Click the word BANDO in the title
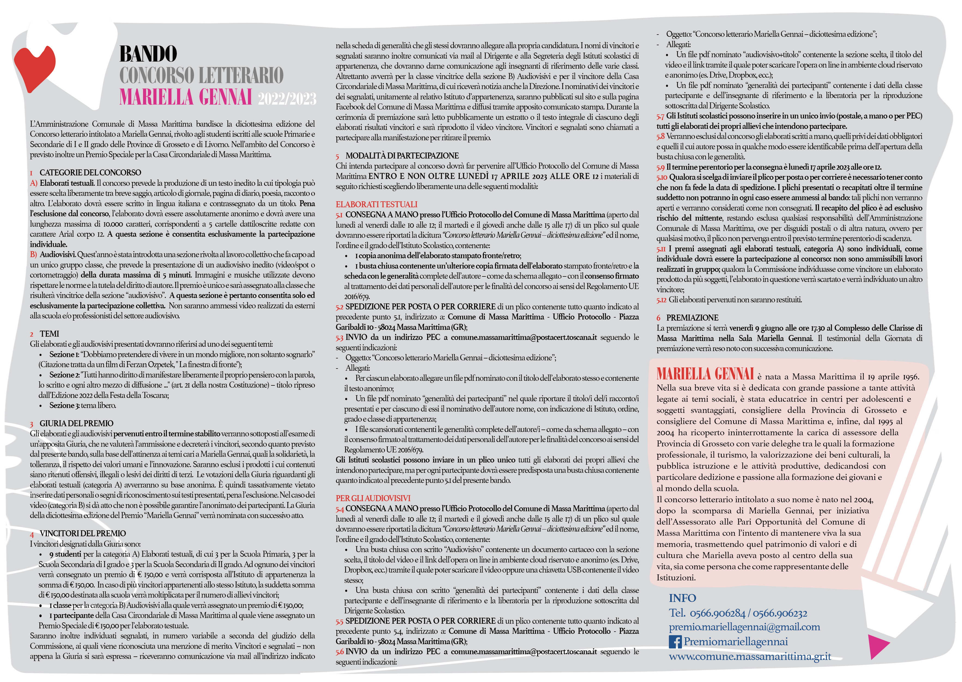tap(148, 54)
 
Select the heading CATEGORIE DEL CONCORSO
tap(90, 173)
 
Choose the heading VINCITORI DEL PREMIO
tap(82, 533)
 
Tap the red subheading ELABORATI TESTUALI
tap(377, 205)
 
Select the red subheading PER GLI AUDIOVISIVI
tap(373, 498)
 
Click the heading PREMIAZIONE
tap(692, 318)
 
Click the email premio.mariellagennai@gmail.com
tap(744, 627)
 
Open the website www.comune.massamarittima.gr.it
tap(749, 656)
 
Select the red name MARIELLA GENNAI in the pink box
tap(705, 374)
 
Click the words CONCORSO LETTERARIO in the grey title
tap(201, 76)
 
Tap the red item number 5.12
tap(661, 300)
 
